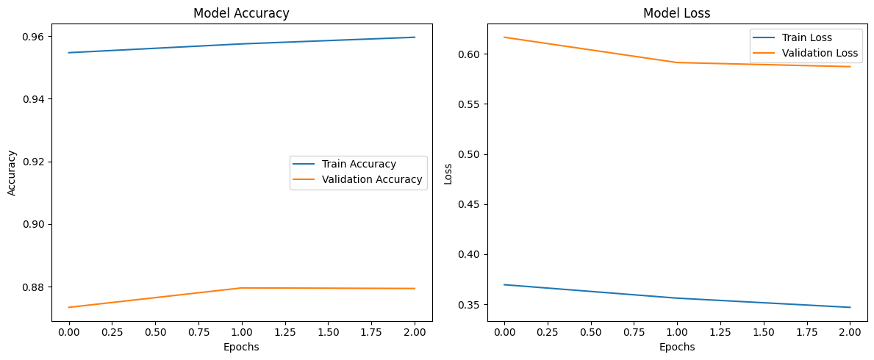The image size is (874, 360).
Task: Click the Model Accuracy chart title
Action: click(241, 13)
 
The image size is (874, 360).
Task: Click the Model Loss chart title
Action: click(676, 13)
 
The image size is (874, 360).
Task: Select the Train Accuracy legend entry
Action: click(359, 164)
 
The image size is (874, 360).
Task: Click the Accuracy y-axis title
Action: click(11, 173)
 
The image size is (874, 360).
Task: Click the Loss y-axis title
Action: click(448, 173)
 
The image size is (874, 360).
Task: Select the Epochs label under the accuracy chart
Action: click(241, 347)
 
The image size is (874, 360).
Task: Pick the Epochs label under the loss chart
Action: click(676, 347)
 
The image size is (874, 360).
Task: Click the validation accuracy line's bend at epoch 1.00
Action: click(242, 288)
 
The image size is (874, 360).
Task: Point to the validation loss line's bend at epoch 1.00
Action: click(677, 62)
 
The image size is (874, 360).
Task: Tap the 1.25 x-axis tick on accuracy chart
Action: click(285, 332)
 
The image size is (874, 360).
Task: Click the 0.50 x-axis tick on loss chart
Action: click(590, 332)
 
